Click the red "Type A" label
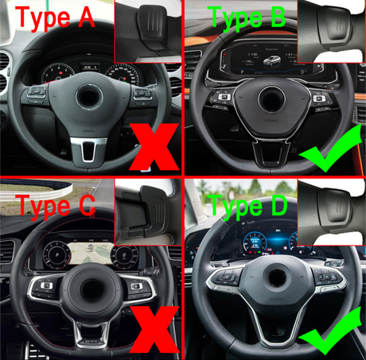(x=55, y=18)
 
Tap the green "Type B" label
(x=247, y=18)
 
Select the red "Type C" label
(x=56, y=207)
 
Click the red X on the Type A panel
(x=154, y=146)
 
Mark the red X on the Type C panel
(x=154, y=329)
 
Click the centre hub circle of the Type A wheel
(x=89, y=97)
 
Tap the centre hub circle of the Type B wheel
(x=271, y=99)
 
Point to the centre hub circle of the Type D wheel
(x=278, y=277)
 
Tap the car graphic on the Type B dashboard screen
(x=271, y=60)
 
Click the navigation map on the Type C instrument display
(x=91, y=252)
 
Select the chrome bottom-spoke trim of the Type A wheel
(x=89, y=149)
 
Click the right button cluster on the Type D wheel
(x=329, y=277)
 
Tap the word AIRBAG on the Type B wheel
(x=271, y=120)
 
